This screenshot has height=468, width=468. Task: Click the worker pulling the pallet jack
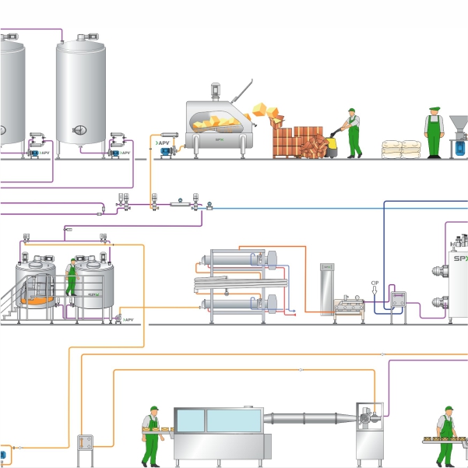click(x=353, y=132)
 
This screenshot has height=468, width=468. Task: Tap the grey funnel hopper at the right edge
click(x=459, y=125)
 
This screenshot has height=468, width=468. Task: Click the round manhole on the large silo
click(x=78, y=129)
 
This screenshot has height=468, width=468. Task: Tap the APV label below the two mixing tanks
click(x=128, y=320)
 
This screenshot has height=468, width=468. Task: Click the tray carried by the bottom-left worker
click(x=154, y=429)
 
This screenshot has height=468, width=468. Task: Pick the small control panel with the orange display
click(x=85, y=442)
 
